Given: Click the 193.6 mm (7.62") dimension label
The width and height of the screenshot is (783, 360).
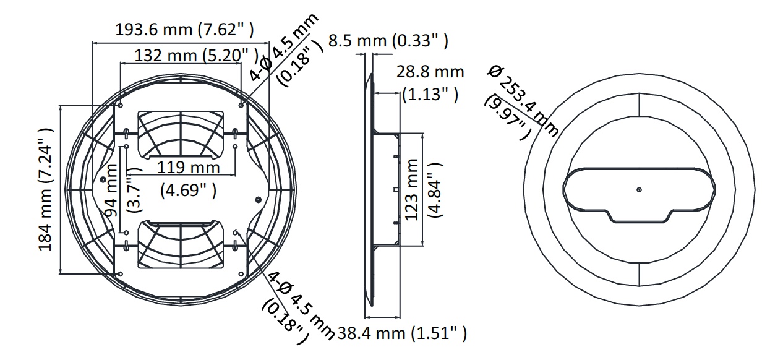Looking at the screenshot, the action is tap(184, 30).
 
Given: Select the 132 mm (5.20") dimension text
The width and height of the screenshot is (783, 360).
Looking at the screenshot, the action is tap(197, 56).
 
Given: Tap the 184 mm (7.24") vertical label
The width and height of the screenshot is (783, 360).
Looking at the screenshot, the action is tap(45, 189).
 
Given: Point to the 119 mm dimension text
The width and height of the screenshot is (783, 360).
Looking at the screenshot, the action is tap(189, 167).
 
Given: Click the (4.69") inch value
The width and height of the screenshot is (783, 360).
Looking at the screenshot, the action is tap(189, 191).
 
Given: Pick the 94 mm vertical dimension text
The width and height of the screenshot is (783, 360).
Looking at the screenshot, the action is tap(111, 191).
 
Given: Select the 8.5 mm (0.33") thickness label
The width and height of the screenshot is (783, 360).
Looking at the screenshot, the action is tap(388, 41).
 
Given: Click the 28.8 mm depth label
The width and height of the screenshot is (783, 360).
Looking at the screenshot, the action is tap(430, 72).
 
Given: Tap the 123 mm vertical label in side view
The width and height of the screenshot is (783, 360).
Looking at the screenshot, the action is tap(412, 190).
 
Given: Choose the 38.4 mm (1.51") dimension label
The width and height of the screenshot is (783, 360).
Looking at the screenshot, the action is tap(402, 333).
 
